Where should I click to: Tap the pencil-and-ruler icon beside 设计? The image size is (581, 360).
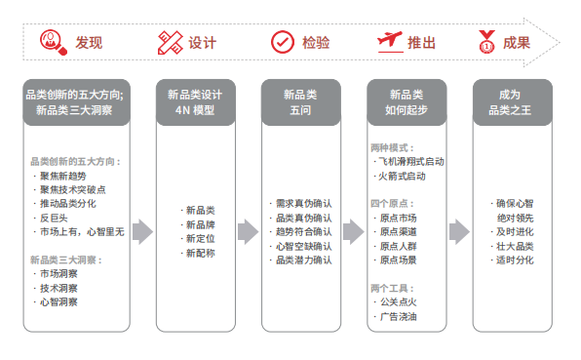(x=169, y=43)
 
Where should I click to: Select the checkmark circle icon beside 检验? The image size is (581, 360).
(x=282, y=43)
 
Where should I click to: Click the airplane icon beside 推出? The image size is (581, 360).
(x=390, y=43)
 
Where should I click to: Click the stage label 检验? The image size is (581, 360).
(x=315, y=43)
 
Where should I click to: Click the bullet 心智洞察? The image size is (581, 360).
(x=60, y=302)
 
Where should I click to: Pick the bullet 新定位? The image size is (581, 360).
(x=199, y=238)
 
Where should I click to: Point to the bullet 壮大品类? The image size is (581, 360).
(x=514, y=246)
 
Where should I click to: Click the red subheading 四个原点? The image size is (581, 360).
(x=388, y=202)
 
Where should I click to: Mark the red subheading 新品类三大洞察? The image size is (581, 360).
(x=66, y=260)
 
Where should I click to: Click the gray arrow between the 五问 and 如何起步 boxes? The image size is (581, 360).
(x=353, y=231)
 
